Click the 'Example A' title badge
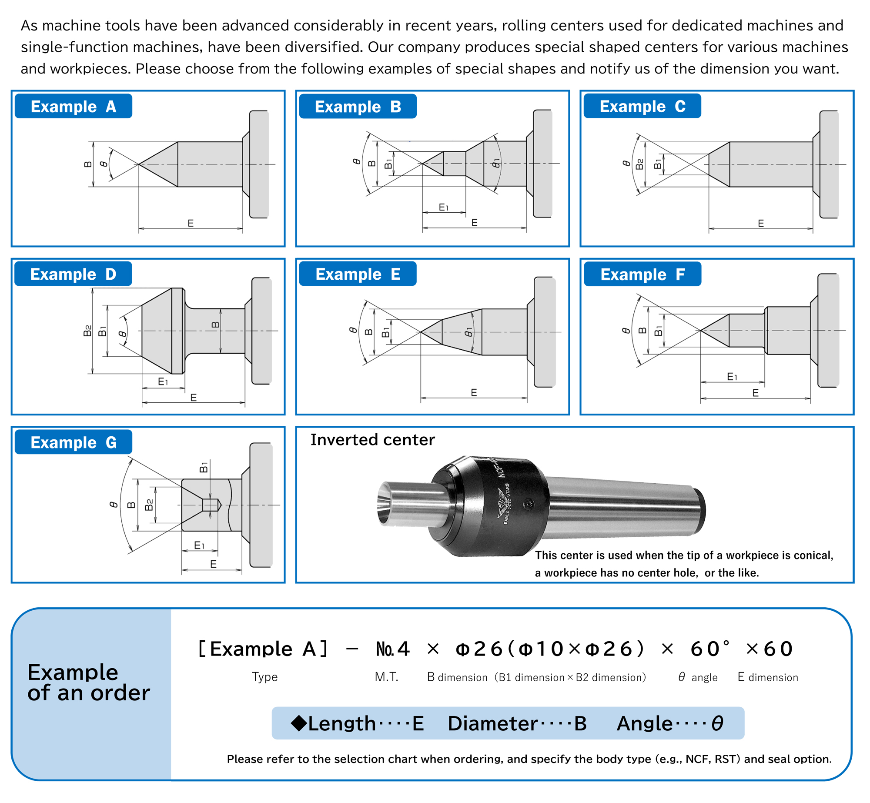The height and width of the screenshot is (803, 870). (x=74, y=106)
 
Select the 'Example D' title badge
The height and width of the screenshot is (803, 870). (x=73, y=274)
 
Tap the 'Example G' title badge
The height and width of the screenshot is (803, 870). (x=74, y=442)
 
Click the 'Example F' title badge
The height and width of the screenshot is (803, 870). (x=642, y=274)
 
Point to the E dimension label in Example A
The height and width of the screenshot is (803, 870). (x=191, y=223)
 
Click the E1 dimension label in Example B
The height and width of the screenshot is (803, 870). (x=443, y=207)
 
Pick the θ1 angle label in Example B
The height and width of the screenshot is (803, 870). (x=496, y=164)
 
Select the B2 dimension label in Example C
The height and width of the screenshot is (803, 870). (x=639, y=164)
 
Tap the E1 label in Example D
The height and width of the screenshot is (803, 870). (x=163, y=381)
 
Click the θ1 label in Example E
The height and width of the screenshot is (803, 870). (x=468, y=332)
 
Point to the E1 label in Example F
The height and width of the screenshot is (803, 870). (x=732, y=376)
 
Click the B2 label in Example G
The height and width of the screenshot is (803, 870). (x=149, y=505)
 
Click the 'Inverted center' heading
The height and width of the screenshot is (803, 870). (x=372, y=440)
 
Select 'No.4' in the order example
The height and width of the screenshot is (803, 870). (x=393, y=649)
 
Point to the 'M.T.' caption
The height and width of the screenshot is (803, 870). (x=386, y=677)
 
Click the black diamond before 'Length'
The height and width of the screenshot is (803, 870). (x=299, y=723)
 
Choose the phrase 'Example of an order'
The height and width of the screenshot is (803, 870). (x=88, y=682)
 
